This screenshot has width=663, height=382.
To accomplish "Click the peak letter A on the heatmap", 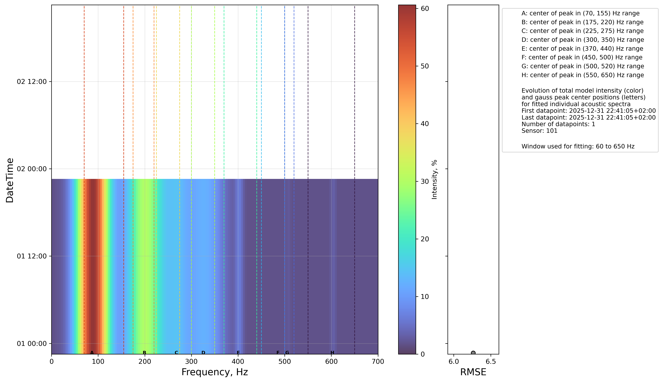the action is pos(92,353).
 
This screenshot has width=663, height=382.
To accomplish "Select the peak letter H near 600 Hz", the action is pos(332,353).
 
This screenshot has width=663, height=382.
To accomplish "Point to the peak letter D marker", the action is pos(203,353).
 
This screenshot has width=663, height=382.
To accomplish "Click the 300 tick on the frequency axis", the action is pos(191,362).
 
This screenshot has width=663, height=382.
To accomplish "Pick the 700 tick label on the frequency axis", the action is pos(378,362).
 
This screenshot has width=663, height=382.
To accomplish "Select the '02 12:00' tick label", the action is pos(32,82).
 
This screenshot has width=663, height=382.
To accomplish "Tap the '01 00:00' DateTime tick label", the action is pos(32,343).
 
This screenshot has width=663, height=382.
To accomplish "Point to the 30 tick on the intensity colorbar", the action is pos(425,181).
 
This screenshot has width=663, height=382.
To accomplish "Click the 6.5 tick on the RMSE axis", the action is pos(491,362).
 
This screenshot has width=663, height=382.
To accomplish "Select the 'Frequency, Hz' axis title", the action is pos(214,372).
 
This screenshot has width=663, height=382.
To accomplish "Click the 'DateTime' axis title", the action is pos(10,180).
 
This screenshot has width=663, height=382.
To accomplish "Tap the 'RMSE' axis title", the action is pos(473,372).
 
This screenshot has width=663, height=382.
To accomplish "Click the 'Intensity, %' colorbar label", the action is pos(434,179).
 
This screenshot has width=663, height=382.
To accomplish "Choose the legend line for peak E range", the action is pos(582,49).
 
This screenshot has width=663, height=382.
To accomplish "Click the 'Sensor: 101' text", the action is pos(539,131).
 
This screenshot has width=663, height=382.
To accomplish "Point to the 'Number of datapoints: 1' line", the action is pos(558,124).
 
